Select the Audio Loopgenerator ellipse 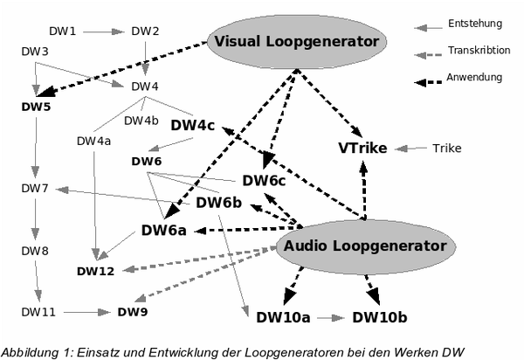click(x=365, y=246)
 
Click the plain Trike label click(x=447, y=148)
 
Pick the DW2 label click(x=145, y=32)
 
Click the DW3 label click(x=35, y=52)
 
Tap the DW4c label click(x=193, y=125)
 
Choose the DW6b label click(x=218, y=203)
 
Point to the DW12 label click(x=94, y=272)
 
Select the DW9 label click(x=133, y=311)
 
